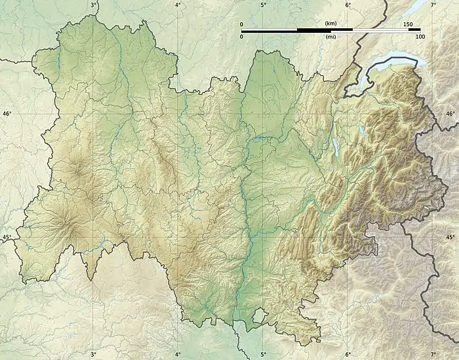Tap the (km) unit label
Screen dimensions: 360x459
click(330, 24)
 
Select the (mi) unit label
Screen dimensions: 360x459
click(330, 37)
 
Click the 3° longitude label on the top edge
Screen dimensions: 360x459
click(94, 5)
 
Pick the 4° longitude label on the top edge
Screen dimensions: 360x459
click(178, 5)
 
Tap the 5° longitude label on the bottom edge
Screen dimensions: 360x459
click(263, 355)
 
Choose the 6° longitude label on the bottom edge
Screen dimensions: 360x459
click(348, 355)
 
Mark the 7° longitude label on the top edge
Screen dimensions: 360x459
click(433, 5)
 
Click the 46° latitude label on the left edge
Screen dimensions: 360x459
click(7, 113)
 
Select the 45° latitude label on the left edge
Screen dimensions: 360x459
click(7, 237)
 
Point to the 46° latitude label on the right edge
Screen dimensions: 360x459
click(450, 113)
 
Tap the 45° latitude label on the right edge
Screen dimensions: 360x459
click(450, 237)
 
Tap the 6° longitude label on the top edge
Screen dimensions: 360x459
click(348, 5)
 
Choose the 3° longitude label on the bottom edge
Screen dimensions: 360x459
click(94, 355)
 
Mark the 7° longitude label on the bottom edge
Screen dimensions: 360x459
click(433, 355)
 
